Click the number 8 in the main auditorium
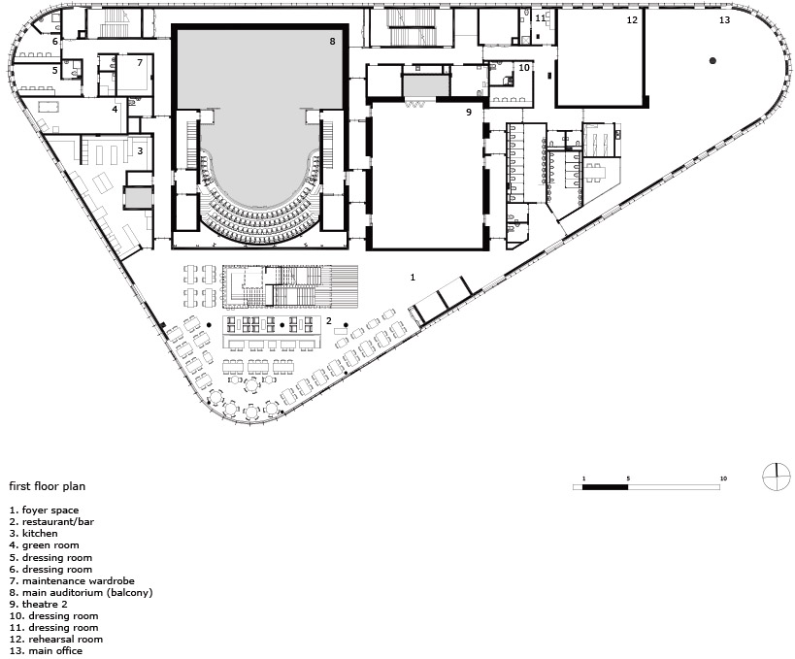tap(332, 41)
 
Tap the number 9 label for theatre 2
tap(469, 112)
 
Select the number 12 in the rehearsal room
tap(632, 19)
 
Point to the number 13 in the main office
tap(724, 19)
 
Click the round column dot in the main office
tap(712, 61)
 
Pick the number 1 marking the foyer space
tap(413, 278)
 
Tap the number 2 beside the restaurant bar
tap(329, 321)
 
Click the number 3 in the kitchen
tap(140, 151)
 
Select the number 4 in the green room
tap(116, 109)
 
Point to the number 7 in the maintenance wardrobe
tap(140, 63)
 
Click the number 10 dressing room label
tap(524, 67)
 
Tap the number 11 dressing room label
tap(541, 18)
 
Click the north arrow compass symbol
tap(777, 478)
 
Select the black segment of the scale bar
tap(606, 487)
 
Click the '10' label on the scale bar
tap(723, 478)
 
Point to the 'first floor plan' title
tap(48, 486)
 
